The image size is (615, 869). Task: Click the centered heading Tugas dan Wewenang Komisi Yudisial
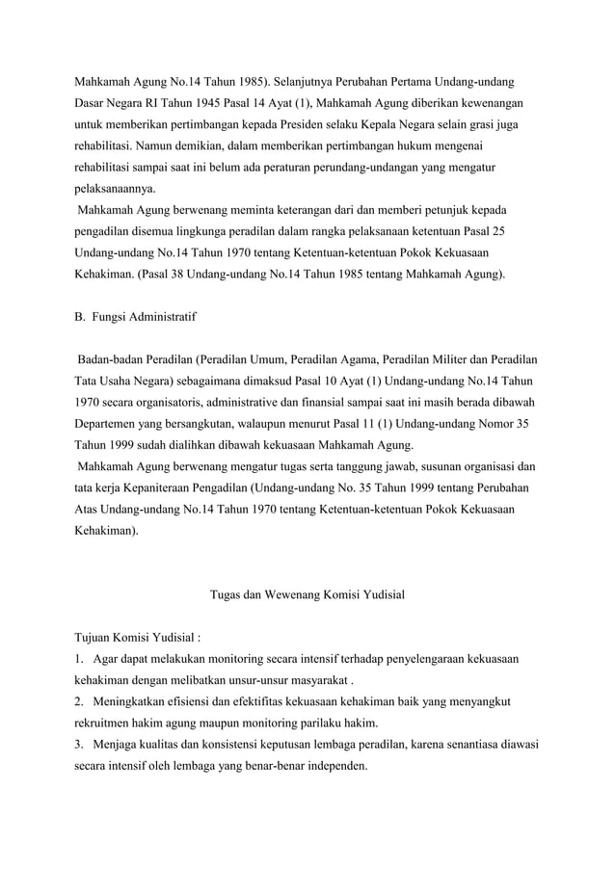307,594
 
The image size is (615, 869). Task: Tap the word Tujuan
97,637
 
